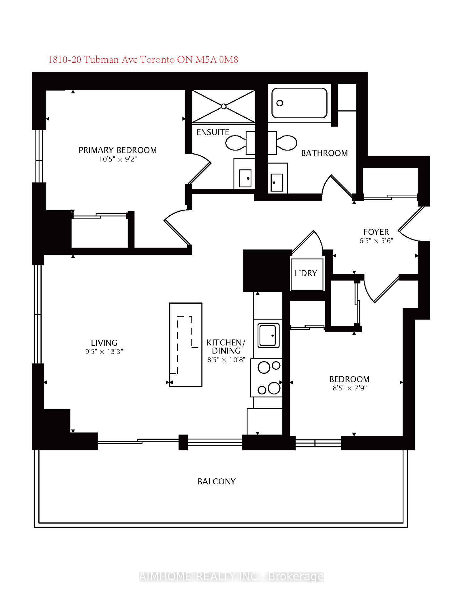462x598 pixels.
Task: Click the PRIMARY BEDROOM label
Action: (117, 150)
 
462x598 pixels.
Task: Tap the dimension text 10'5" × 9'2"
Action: (118, 159)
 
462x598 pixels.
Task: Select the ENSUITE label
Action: (213, 132)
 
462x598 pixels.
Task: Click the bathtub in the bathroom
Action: (299, 103)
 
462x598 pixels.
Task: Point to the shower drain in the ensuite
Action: (224, 107)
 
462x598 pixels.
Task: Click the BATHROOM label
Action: (324, 153)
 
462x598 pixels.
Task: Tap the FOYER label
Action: (376, 232)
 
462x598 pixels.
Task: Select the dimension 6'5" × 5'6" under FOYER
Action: (376, 241)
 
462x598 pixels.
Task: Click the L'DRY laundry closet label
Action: (306, 273)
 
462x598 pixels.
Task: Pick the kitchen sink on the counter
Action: (268, 336)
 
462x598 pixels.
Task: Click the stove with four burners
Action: (266, 377)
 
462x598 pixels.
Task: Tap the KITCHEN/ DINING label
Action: (226, 347)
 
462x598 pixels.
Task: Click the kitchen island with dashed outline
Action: (186, 344)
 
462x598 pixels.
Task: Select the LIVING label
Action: (104, 343)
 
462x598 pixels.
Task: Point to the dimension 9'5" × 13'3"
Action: (104, 352)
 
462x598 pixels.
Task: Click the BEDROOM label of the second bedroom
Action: (349, 379)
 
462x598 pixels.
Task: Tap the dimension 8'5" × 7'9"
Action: (349, 388)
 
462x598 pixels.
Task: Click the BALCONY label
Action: (216, 482)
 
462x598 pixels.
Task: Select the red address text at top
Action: (143, 59)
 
